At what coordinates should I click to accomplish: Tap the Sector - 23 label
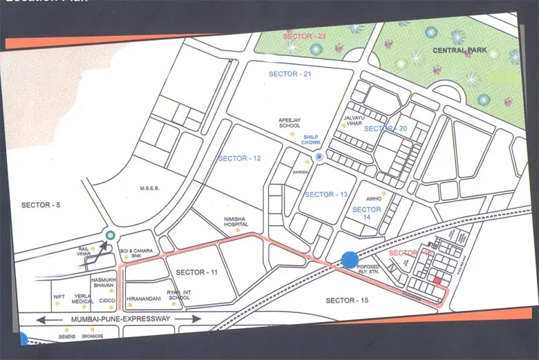(303, 35)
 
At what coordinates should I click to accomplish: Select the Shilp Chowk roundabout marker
(319, 158)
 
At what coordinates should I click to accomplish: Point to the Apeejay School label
(289, 122)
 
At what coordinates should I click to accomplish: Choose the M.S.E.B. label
(150, 187)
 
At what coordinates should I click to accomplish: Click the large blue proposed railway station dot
(350, 260)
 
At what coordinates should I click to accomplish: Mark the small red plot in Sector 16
(437, 280)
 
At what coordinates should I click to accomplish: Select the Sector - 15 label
(348, 301)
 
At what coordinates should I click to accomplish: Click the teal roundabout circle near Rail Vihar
(110, 235)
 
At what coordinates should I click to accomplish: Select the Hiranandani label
(144, 299)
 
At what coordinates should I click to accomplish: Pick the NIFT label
(59, 296)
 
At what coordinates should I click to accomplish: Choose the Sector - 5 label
(36, 205)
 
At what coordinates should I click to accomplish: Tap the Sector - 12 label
(239, 158)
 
